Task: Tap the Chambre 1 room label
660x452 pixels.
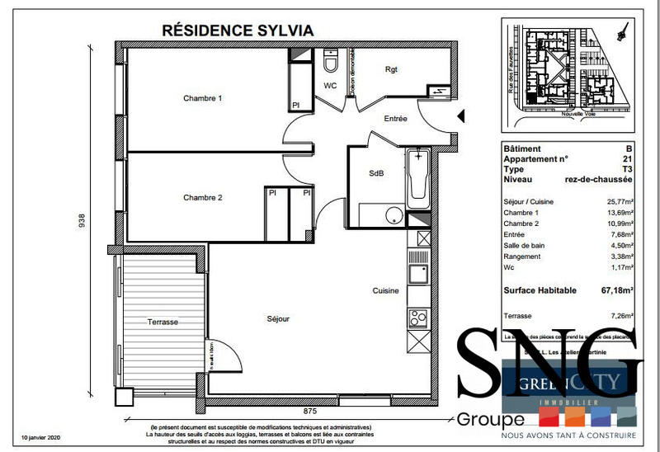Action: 203,99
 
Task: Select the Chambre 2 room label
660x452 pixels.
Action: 203,198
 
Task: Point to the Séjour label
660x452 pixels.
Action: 278,318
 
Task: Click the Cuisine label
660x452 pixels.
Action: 386,291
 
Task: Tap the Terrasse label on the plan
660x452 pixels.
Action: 163,322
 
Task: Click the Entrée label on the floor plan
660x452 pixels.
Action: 396,119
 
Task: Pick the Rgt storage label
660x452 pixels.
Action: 391,70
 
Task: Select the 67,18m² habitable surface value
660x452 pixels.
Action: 616,291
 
